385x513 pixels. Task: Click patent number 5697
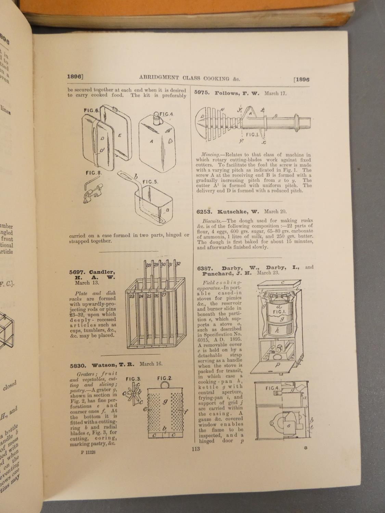(x=78, y=272)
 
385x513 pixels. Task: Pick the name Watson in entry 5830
(x=100, y=365)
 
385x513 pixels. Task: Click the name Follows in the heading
(x=228, y=93)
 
